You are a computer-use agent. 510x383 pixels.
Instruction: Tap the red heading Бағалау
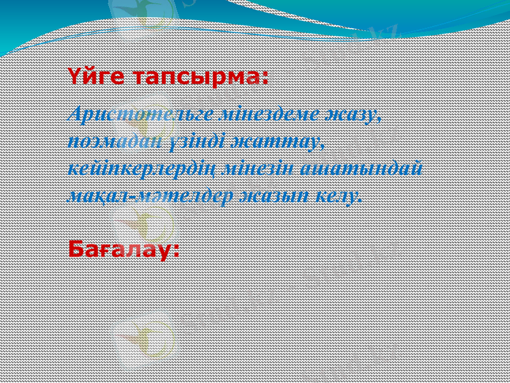click(120, 249)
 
